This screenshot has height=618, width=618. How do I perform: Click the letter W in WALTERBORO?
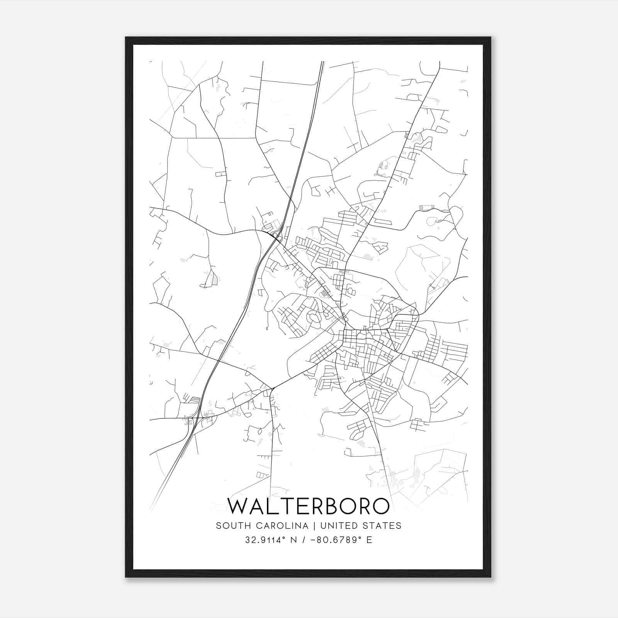239,506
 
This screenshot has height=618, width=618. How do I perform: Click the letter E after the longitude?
369,540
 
